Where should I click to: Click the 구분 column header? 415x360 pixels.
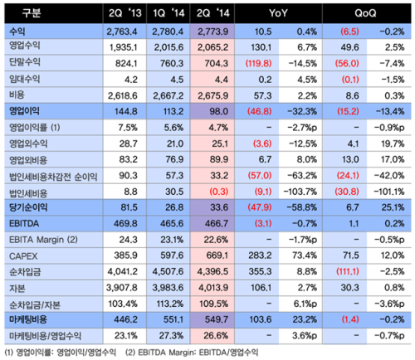(x=32, y=13)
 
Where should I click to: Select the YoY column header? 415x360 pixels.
(x=278, y=13)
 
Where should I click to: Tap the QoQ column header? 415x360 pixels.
(x=365, y=13)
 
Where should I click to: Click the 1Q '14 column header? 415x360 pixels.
(x=168, y=13)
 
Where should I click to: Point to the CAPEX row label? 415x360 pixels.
(x=23, y=256)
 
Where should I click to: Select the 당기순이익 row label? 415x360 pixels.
(x=28, y=207)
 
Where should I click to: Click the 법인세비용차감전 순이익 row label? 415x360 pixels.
(x=53, y=176)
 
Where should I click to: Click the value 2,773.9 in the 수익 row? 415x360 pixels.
(x=212, y=32)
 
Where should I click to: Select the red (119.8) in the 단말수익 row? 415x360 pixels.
(x=258, y=64)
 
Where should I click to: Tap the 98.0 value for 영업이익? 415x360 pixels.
(x=218, y=111)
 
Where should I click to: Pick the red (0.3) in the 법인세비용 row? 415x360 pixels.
(x=218, y=192)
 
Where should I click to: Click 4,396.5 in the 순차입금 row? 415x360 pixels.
(x=212, y=271)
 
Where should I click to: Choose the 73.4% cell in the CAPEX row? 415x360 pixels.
(x=305, y=255)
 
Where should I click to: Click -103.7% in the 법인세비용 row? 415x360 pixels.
(x=300, y=192)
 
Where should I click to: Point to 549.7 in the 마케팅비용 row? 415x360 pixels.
(x=217, y=319)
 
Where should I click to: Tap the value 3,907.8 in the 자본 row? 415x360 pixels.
(x=122, y=288)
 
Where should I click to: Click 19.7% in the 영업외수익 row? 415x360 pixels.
(x=393, y=144)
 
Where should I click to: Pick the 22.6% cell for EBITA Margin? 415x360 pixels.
(x=216, y=240)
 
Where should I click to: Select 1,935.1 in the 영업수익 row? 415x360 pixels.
(x=123, y=47)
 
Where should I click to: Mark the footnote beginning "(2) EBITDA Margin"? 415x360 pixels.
(x=192, y=353)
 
